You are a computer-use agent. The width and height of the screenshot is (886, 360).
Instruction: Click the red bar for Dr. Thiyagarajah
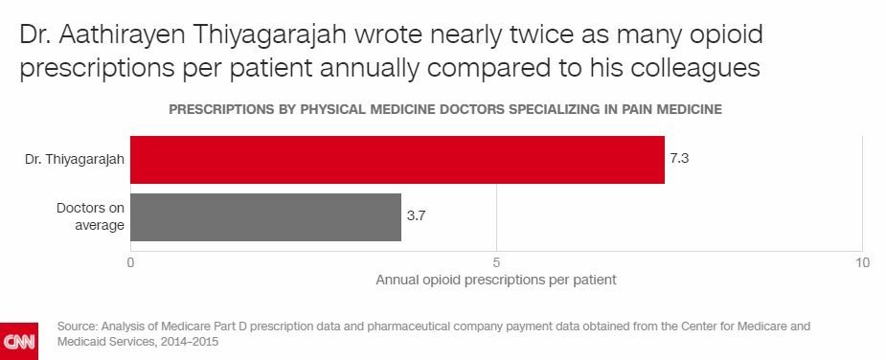pos(398,159)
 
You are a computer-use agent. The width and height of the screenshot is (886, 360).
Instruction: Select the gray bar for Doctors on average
pos(265,216)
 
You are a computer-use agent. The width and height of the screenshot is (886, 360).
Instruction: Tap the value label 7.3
pos(680,159)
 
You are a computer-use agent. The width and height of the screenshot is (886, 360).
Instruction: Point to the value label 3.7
pos(416,216)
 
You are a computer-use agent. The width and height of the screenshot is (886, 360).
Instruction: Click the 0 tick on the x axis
pos(130,261)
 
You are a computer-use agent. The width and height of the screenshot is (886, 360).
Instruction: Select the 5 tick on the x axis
pos(496,261)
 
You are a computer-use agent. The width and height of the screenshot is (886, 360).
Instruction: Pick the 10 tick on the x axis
pos(861,261)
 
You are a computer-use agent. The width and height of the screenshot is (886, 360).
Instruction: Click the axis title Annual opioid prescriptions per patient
pos(495,281)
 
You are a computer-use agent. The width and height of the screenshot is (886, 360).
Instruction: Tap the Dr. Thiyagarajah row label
pos(74,159)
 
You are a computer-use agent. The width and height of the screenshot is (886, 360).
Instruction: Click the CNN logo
pos(18,341)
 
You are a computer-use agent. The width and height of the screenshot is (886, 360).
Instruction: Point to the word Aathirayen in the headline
pos(133,36)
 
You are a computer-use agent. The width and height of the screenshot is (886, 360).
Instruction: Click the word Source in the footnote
pos(76,326)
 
